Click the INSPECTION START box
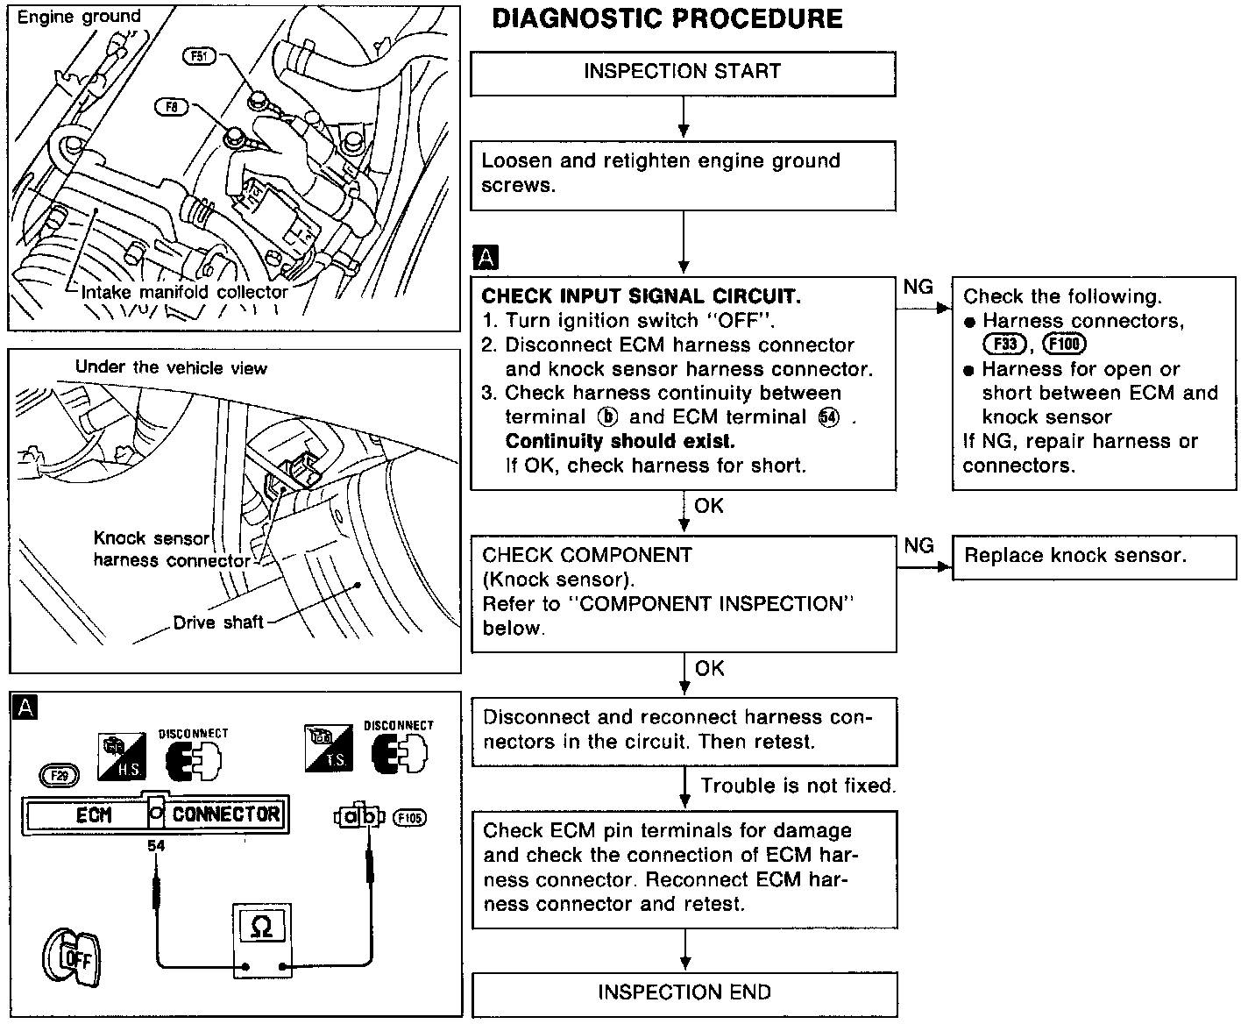[683, 72]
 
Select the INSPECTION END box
[684, 992]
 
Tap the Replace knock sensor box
[1075, 556]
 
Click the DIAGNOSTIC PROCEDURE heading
[667, 19]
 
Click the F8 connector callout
[171, 106]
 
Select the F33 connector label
[1004, 345]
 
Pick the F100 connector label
[1065, 345]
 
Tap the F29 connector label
[60, 774]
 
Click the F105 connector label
[409, 818]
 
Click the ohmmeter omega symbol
[261, 927]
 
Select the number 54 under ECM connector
[156, 846]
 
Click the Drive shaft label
[218, 622]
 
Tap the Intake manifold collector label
[184, 292]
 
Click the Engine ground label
[79, 17]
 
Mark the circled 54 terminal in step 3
[827, 417]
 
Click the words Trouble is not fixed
[798, 786]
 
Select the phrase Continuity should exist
[620, 441]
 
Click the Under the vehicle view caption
[171, 367]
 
